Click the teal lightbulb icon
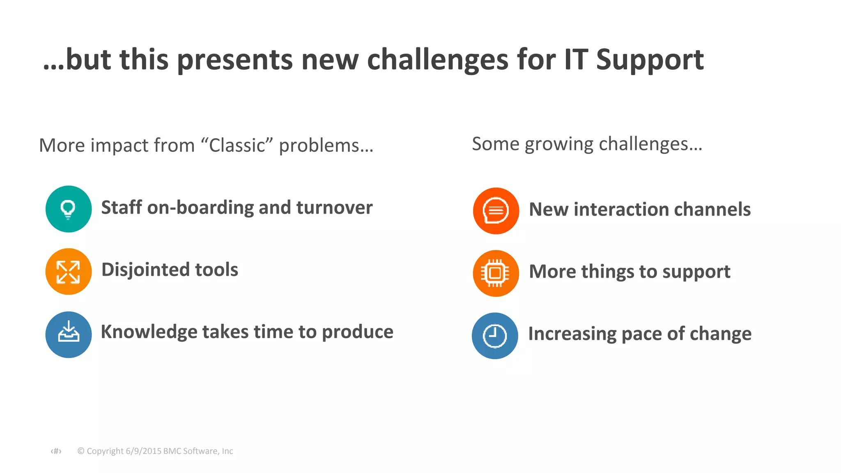[x=69, y=209]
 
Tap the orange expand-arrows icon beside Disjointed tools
[x=69, y=271]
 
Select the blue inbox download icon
[x=69, y=334]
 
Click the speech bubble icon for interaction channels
[x=496, y=211]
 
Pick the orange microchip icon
[x=496, y=273]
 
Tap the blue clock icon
[x=495, y=336]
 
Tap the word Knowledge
[x=149, y=332]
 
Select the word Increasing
[x=572, y=334]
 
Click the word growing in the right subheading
[x=558, y=145]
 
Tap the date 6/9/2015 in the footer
[x=143, y=451]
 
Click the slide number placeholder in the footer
[x=56, y=451]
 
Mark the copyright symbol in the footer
[x=81, y=451]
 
